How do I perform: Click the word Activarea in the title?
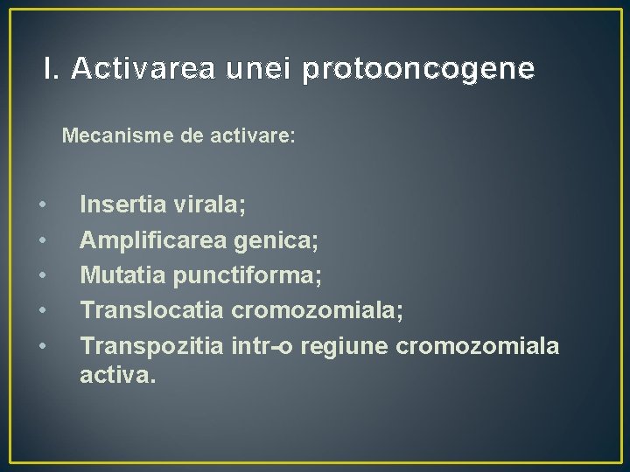click(142, 68)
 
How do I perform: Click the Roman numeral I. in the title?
click(52, 68)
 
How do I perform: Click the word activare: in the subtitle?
click(254, 137)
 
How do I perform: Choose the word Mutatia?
click(122, 276)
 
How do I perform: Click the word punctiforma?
click(248, 276)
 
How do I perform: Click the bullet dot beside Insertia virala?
click(42, 206)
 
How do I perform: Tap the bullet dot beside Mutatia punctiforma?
click(42, 277)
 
